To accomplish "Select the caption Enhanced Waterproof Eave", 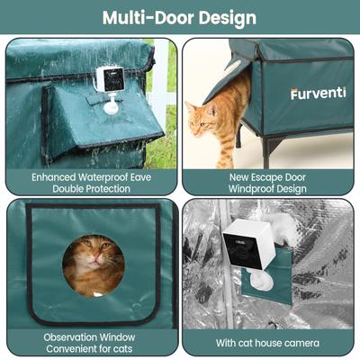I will [92, 177].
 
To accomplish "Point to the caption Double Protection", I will [92, 189].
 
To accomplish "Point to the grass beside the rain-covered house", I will [163, 144].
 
